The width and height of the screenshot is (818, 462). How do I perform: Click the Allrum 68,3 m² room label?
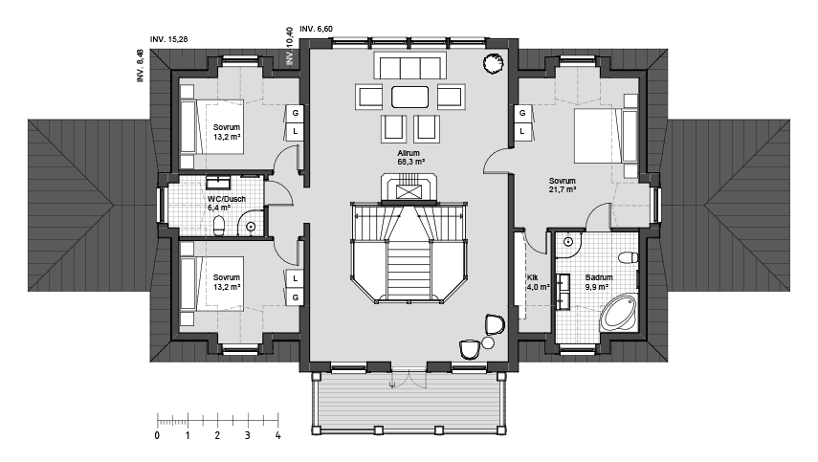(x=410, y=158)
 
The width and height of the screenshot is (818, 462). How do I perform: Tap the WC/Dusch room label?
(x=226, y=199)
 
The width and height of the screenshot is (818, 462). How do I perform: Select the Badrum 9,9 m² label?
(x=598, y=282)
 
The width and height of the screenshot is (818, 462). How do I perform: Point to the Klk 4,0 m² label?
(x=538, y=282)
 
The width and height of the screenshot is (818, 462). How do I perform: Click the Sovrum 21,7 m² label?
(x=562, y=186)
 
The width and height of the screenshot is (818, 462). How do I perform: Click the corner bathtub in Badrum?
(x=619, y=313)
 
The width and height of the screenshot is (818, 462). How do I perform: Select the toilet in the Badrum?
(x=629, y=257)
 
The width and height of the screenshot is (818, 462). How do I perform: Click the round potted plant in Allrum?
(x=493, y=64)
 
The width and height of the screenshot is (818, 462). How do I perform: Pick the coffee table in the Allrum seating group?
(x=410, y=97)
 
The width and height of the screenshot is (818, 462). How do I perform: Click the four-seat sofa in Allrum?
(x=410, y=67)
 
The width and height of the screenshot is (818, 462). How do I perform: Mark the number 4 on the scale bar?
(x=277, y=435)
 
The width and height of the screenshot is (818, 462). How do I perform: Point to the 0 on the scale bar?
(x=157, y=435)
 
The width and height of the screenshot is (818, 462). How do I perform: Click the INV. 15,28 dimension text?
(x=168, y=39)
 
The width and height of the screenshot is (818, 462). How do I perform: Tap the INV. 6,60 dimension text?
(x=316, y=29)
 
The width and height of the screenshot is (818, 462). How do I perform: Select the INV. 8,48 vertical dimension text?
(x=140, y=66)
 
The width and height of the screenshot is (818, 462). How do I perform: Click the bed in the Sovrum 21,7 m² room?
(x=606, y=136)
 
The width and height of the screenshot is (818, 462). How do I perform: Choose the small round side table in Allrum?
(x=488, y=342)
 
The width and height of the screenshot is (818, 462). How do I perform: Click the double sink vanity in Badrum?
(x=563, y=292)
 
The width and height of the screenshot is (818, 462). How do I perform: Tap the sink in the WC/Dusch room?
(x=218, y=183)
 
